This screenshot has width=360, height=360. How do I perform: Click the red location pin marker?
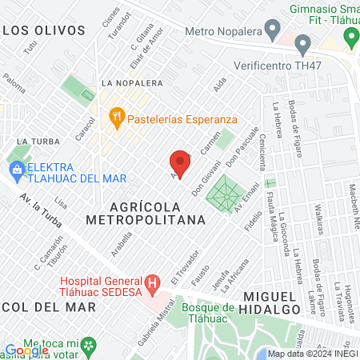(x=181, y=163)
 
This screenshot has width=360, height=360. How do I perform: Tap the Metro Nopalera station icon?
(x=274, y=31)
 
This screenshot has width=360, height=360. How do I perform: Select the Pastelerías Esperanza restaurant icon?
(x=118, y=117)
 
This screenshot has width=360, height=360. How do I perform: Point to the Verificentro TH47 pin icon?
(x=302, y=43)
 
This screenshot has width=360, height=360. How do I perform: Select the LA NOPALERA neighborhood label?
(x=132, y=83)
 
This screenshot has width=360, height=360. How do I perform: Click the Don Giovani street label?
(x=206, y=185)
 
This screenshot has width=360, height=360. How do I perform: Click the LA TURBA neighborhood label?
(x=33, y=141)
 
